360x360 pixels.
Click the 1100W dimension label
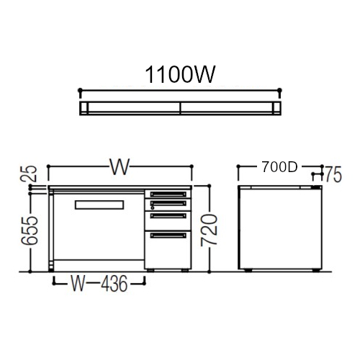180,74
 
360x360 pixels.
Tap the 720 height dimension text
209,230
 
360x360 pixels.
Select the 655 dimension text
30,230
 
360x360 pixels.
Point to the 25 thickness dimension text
28,174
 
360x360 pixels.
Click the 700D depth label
280,167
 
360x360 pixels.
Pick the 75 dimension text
333,174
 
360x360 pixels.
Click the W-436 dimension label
99,284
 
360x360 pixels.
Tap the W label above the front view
120,167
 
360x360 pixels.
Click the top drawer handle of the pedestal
168,194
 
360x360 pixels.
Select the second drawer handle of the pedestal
168,203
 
